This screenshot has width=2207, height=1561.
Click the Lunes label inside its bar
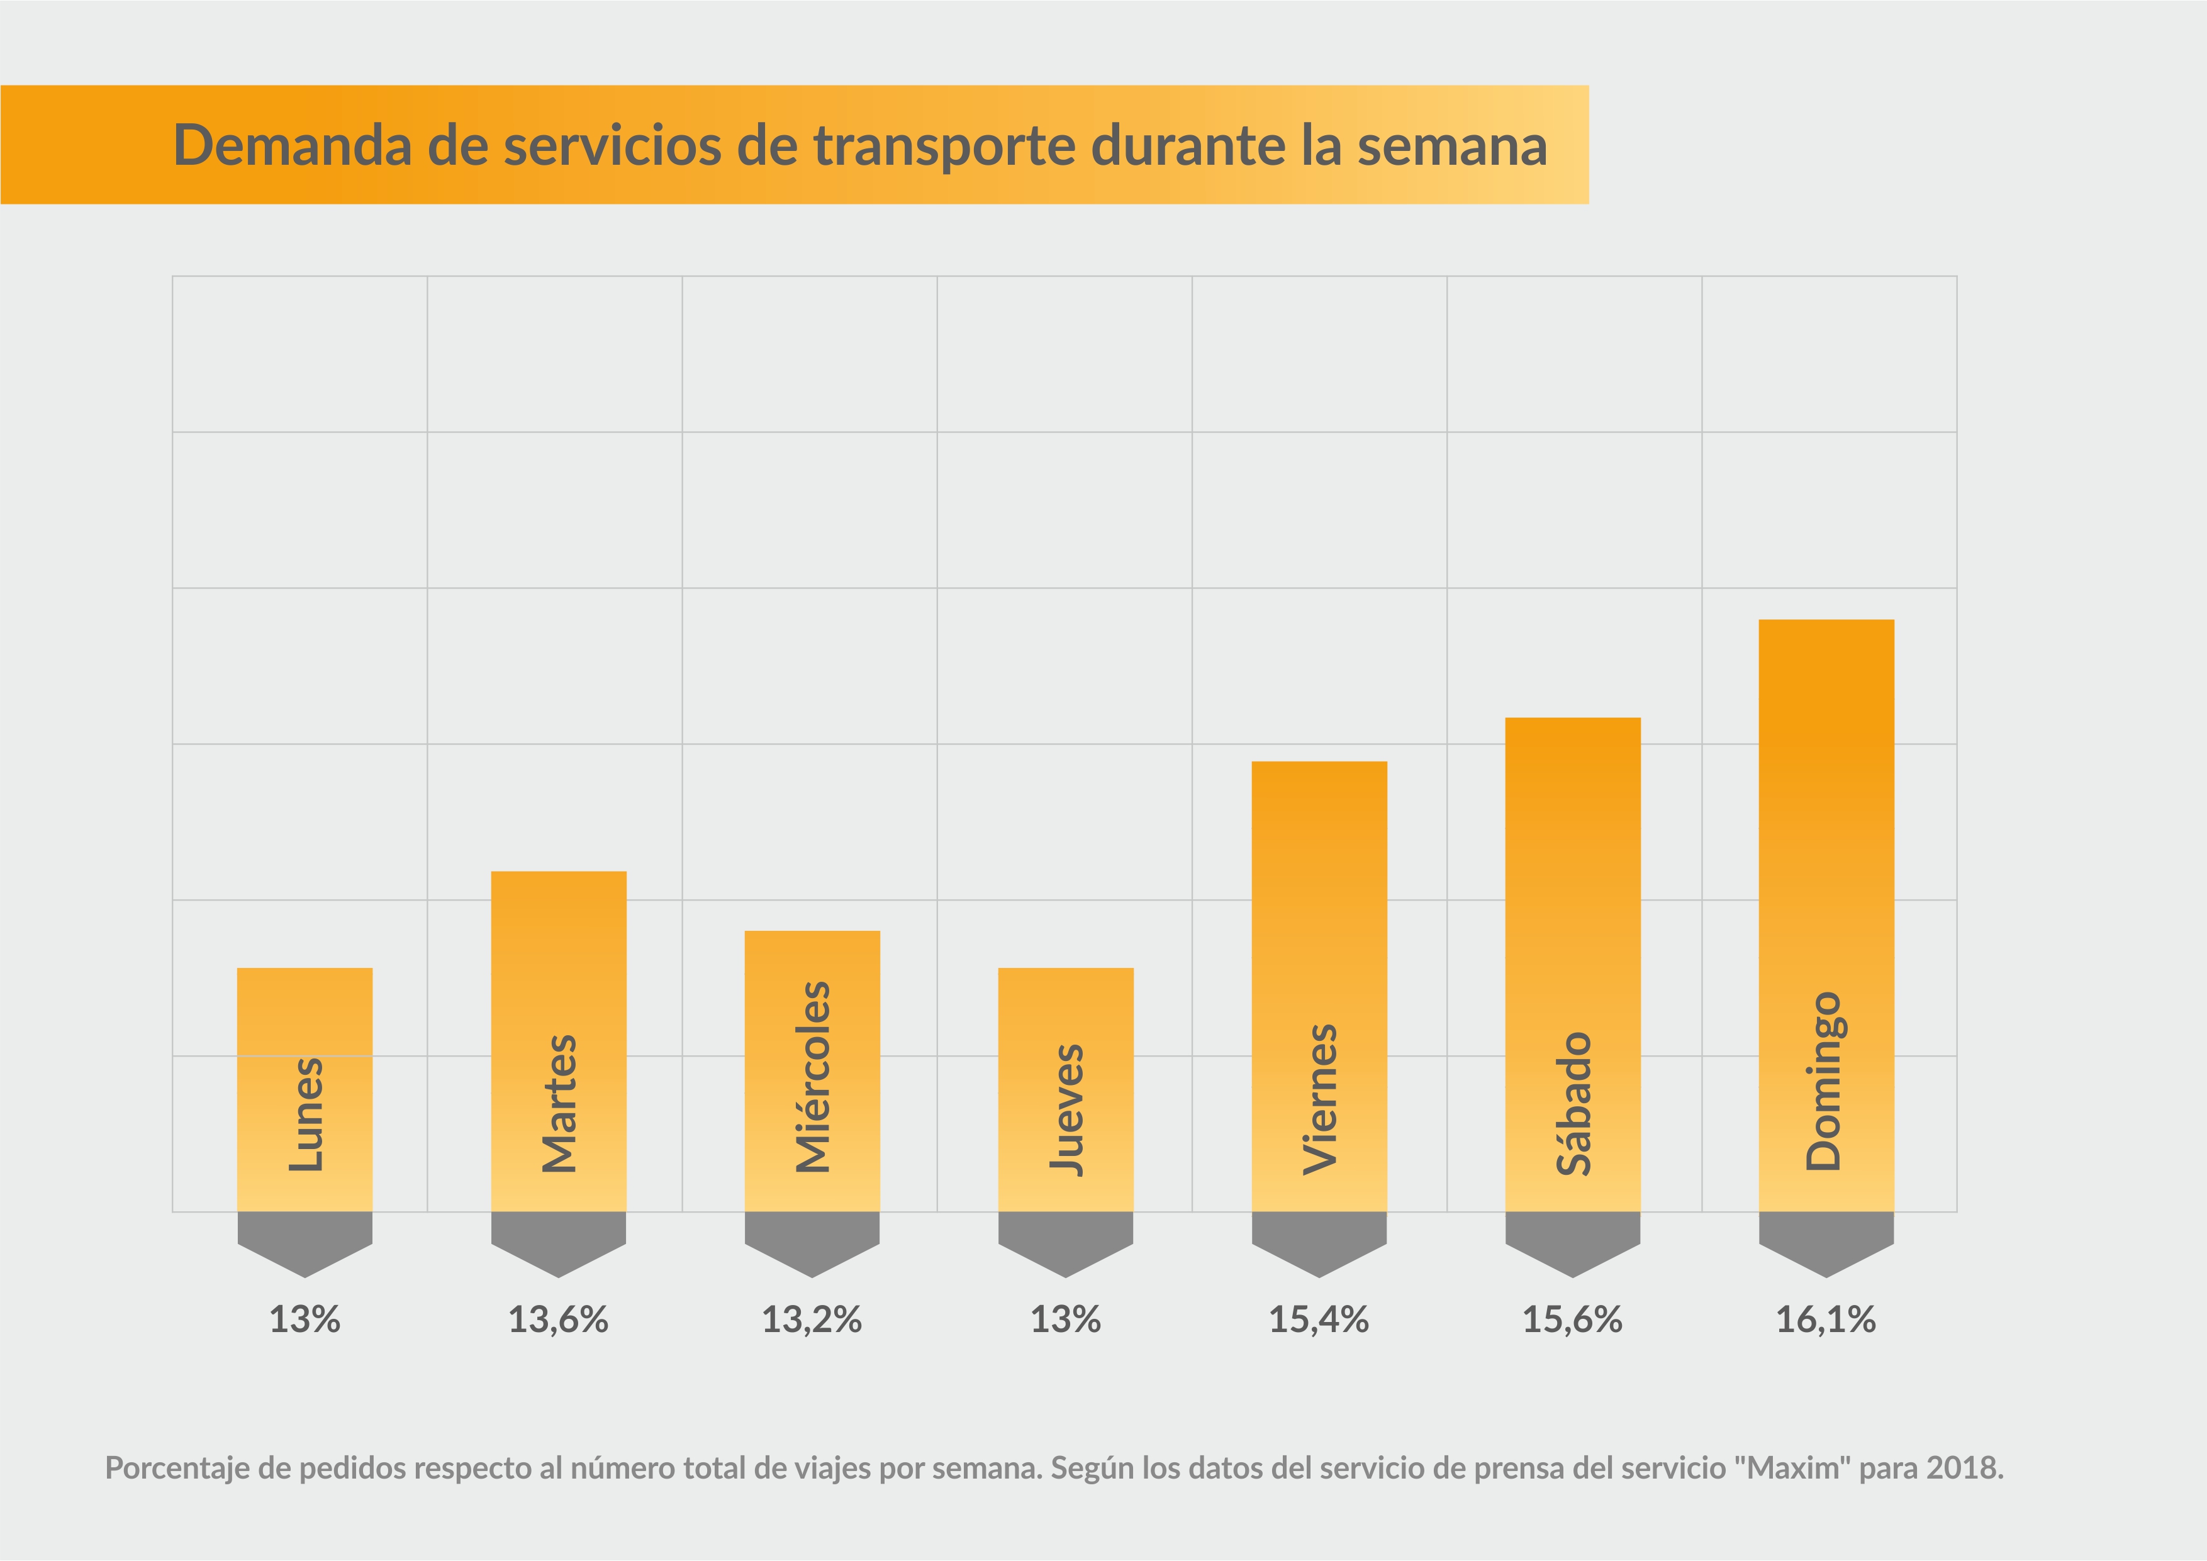coord(306,1115)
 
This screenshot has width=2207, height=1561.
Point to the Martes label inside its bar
coord(559,1104)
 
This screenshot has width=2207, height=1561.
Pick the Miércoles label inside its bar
coord(812,1077)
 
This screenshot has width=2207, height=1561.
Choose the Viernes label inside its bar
coord(1320,1099)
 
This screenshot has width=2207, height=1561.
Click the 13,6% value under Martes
coord(559,1319)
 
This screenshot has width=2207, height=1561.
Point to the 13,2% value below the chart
coord(812,1319)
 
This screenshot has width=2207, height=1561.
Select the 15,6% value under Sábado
coord(1573,1319)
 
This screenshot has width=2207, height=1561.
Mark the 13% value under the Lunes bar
coord(305,1319)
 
